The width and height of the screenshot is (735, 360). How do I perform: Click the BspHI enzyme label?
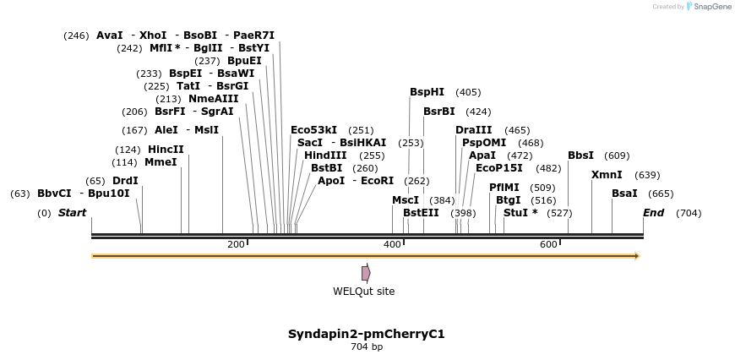427,92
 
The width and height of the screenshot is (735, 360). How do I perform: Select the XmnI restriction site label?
607,175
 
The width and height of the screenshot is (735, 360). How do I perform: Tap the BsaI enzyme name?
624,194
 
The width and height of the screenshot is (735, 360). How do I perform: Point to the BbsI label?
580,155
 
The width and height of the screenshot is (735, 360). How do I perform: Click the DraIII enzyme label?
473,130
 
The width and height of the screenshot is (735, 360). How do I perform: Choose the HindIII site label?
325,155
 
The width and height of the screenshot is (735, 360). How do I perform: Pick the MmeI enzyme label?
161,161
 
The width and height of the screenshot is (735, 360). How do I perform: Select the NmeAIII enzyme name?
213,99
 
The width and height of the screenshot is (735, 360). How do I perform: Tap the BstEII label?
421,213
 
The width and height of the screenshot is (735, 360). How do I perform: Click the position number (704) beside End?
689,213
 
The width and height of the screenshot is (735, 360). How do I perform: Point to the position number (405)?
467,92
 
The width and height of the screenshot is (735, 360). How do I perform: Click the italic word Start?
72,213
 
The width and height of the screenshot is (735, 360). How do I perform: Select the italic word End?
653,213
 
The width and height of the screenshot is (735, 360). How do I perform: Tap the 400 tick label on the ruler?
392,244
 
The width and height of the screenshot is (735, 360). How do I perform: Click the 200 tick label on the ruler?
236,244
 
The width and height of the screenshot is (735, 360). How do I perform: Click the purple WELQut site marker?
366,273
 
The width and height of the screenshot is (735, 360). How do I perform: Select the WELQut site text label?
363,292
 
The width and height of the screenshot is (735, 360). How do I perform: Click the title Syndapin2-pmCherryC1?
366,334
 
